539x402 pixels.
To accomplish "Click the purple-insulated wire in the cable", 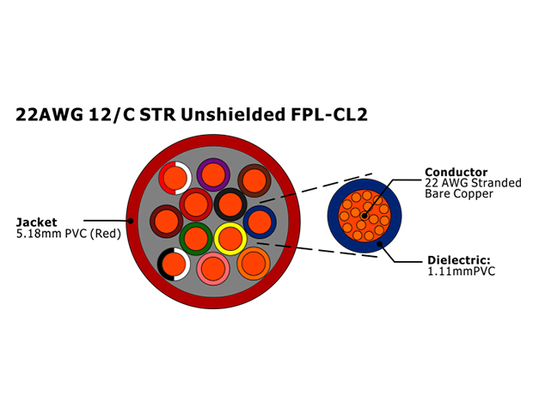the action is point(213,174).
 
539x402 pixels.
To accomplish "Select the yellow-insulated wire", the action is point(230,239).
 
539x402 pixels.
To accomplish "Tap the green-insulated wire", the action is point(196,239).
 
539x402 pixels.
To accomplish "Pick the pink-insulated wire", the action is point(213,269).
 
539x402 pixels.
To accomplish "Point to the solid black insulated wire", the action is point(230,204).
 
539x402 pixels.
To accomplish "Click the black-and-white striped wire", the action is point(174,264).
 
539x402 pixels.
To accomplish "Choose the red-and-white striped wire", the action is point(175,178).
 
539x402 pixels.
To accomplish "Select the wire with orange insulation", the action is point(254,264).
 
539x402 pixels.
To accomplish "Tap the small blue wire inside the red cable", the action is point(260,222).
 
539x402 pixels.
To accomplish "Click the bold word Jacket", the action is point(37,222).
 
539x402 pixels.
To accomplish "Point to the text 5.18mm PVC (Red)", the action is point(69,234).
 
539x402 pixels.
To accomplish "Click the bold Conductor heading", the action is point(456,172).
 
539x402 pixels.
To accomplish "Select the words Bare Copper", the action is point(459,193).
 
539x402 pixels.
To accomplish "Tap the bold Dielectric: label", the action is point(459,260).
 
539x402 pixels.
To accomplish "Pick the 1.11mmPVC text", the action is point(462,271).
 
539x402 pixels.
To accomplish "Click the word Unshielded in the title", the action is point(233,114).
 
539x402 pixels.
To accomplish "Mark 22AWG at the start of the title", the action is point(50,114).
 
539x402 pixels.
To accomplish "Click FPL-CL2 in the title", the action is point(329,114).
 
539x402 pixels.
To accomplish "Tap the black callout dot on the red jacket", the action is point(130,221).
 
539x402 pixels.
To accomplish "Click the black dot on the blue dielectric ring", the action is point(379,244).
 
